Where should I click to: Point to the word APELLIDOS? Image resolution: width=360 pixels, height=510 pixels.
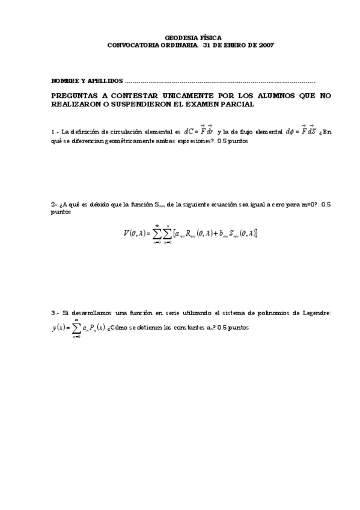tap(106, 80)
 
